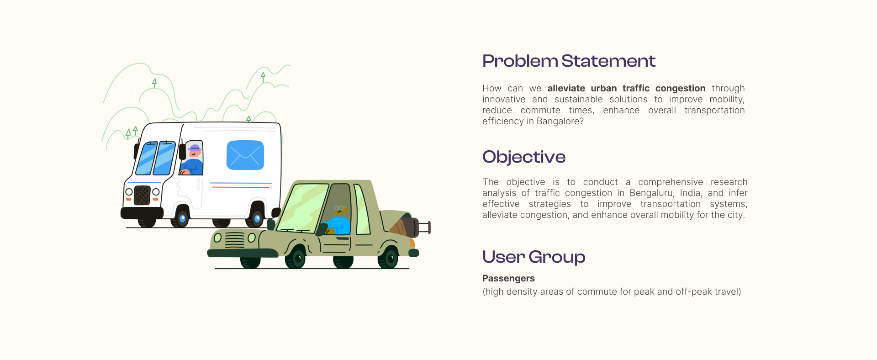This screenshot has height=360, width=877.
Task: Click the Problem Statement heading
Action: [569, 61]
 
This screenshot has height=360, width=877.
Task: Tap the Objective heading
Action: [524, 157]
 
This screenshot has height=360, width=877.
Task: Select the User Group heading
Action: [534, 257]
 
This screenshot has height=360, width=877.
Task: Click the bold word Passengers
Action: [508, 278]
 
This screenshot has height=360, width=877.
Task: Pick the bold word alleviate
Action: [566, 88]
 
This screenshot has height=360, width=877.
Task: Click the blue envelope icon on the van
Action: [245, 155]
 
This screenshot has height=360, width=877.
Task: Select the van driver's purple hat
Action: [195, 148]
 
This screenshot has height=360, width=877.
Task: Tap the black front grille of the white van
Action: [142, 196]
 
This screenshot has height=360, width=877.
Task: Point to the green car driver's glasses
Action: [339, 208]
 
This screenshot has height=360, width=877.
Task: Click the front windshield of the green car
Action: [302, 208]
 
